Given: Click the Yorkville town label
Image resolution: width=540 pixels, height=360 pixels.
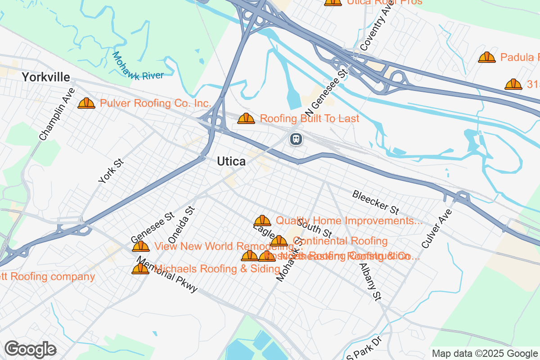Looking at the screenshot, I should (x=46, y=77).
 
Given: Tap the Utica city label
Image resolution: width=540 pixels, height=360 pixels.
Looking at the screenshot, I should (x=231, y=162).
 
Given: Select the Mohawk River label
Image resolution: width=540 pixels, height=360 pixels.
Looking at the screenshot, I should (x=137, y=67).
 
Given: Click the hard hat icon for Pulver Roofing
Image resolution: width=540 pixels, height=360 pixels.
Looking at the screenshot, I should (x=86, y=103).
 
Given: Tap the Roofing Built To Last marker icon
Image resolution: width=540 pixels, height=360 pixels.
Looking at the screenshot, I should (x=246, y=119).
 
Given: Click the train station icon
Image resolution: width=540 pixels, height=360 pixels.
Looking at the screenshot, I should (x=296, y=139).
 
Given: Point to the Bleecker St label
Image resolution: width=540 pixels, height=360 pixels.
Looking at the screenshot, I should (x=376, y=202).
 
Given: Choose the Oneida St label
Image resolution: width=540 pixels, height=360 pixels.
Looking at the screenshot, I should (x=182, y=225).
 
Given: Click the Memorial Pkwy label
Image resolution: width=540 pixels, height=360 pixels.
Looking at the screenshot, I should (x=167, y=275).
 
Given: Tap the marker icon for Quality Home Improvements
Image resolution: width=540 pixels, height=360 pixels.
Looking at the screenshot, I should (x=262, y=220).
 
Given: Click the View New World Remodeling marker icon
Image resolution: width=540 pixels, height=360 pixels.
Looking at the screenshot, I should (x=140, y=246).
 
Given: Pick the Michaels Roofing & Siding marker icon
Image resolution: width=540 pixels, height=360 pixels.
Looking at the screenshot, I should (x=140, y=269).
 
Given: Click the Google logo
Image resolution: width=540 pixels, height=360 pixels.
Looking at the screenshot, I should (x=30, y=349).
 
